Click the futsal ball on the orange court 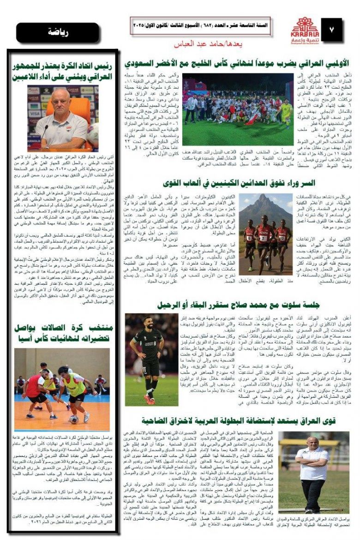(73, 419)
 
